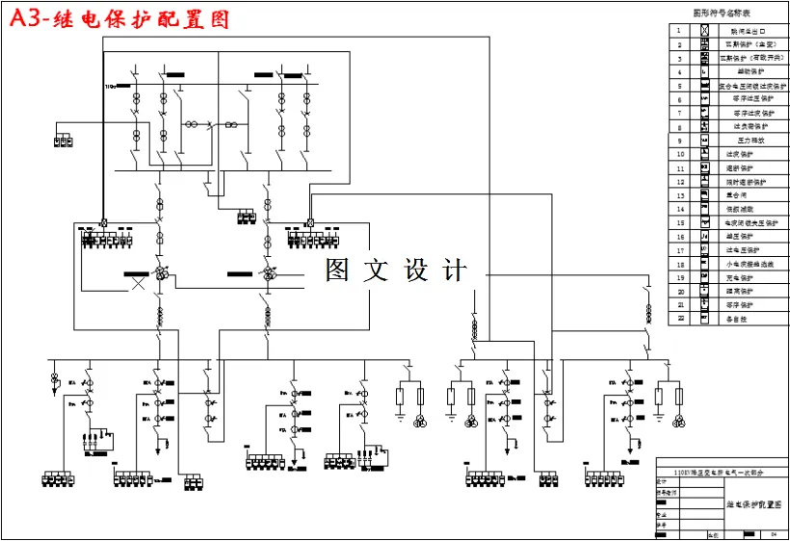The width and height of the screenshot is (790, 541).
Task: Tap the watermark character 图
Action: (337, 270)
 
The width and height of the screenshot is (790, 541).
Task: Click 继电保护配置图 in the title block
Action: (752, 503)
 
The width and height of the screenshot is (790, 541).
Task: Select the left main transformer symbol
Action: (163, 274)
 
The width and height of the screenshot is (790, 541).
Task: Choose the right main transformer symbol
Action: (269, 274)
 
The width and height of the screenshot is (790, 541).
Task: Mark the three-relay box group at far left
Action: (64, 142)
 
